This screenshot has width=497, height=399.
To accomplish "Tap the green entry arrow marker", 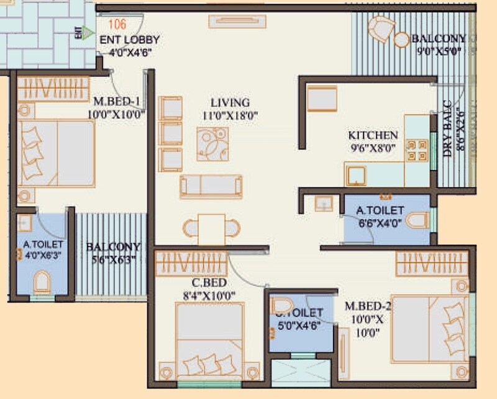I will point(88,32).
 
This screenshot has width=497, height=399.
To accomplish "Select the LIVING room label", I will point(230,102).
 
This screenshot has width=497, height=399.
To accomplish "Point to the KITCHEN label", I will point(373,135).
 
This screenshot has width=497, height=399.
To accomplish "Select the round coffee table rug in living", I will point(212,144).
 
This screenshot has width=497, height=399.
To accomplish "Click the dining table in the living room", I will point(212,228).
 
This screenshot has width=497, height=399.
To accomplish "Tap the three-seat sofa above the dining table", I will point(211,186).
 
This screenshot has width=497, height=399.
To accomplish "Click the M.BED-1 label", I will point(117,102).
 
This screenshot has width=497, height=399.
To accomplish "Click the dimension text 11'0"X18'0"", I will point(231,115).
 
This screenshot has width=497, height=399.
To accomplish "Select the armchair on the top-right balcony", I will point(380,29).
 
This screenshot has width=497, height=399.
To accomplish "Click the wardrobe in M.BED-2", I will point(431,263).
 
